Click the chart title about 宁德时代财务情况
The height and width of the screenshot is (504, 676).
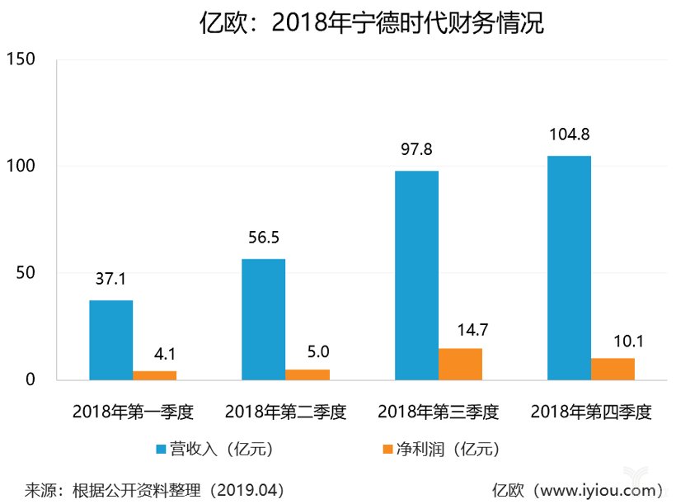coord(372,23)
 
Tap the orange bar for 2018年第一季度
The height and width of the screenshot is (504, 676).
coord(154,375)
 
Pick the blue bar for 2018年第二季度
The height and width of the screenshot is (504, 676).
coord(263,319)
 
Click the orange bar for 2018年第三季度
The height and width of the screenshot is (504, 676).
coord(460,364)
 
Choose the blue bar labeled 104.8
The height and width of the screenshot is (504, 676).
coord(570,268)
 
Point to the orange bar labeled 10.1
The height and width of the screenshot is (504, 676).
coord(613,369)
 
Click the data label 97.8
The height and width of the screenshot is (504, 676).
coord(416,149)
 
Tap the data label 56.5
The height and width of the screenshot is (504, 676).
coord(264,238)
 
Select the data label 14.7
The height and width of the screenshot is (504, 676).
coord(460,328)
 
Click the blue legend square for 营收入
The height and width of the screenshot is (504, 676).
coord(162,450)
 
